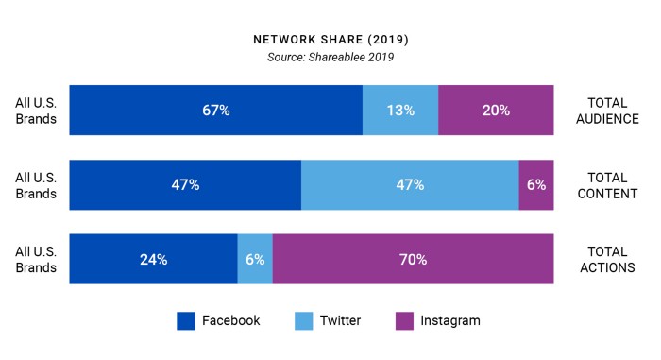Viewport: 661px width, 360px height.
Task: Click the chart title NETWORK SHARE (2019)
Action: (x=330, y=41)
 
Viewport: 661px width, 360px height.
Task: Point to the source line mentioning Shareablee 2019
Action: (x=330, y=59)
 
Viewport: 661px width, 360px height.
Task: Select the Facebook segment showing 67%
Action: (x=215, y=110)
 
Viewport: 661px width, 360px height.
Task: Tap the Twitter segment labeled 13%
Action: (x=400, y=110)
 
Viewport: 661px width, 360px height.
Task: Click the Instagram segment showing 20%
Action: (x=496, y=110)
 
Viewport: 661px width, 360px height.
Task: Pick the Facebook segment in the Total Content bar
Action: (x=185, y=184)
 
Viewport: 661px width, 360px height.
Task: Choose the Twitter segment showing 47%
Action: (x=410, y=184)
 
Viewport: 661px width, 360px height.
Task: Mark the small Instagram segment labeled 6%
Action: (x=536, y=184)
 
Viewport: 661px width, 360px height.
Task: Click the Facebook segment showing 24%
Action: (x=153, y=259)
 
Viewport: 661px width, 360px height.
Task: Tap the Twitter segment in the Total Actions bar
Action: (x=255, y=259)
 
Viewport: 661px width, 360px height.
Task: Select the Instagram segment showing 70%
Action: (x=413, y=259)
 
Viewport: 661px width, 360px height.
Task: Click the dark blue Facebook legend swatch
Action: (x=186, y=320)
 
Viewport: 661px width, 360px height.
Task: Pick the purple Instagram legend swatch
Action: (x=404, y=320)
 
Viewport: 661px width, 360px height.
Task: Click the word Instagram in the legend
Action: (x=451, y=320)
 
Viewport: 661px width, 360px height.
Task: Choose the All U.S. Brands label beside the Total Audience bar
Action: (x=36, y=110)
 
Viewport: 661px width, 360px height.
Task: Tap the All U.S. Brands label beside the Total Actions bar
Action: (x=36, y=259)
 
